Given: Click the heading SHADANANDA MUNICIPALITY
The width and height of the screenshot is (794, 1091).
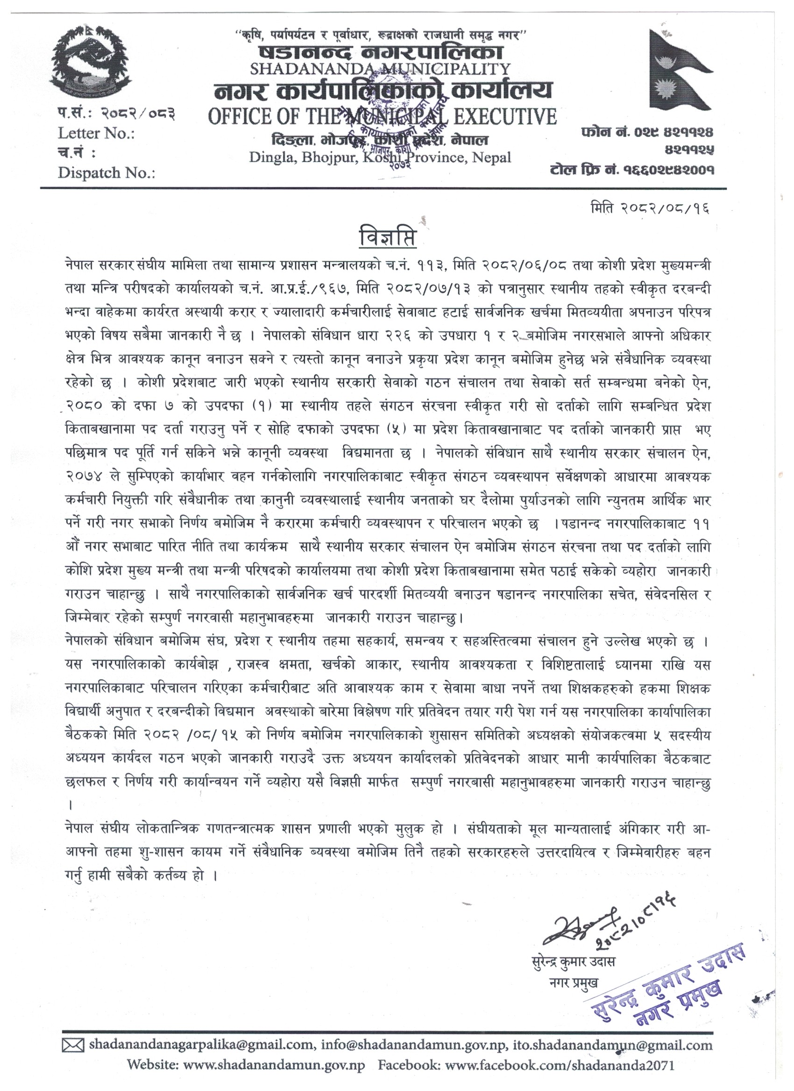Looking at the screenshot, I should click(380, 69).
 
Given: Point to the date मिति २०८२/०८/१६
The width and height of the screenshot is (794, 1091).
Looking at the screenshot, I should click(650, 209).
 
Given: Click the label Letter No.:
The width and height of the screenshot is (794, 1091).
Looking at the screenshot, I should click(96, 133).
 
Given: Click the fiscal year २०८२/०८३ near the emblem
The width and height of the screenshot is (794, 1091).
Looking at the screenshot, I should click(137, 113).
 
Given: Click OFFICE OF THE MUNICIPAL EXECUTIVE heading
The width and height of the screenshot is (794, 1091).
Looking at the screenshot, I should click(382, 116).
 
